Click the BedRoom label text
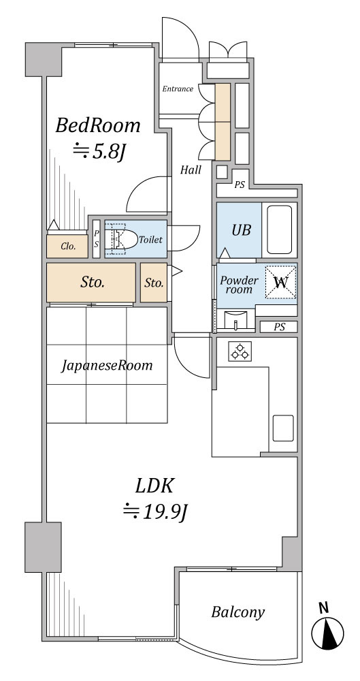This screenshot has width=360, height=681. click(x=98, y=126)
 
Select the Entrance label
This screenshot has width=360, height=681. click(x=178, y=89)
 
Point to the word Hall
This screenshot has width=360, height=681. click(x=191, y=170)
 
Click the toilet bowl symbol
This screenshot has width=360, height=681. click(x=118, y=239)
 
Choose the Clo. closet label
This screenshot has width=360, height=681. click(x=68, y=247)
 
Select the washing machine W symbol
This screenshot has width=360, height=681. click(x=280, y=281)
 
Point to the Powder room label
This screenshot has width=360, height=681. click(x=239, y=285)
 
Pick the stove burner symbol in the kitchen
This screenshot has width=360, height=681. click(x=240, y=352)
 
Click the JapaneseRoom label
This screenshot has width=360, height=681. click(x=107, y=366)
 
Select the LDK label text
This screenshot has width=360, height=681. click(x=155, y=486)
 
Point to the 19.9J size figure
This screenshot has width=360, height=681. click(x=155, y=510)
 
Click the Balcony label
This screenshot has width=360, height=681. click(x=238, y=612)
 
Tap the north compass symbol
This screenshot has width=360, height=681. click(x=327, y=632)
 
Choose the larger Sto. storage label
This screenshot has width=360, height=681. click(x=92, y=283)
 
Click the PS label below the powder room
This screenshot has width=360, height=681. click(x=278, y=328)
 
